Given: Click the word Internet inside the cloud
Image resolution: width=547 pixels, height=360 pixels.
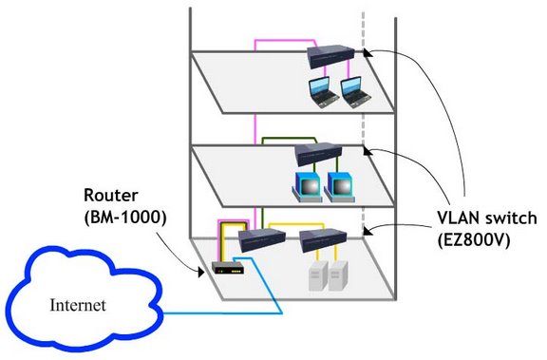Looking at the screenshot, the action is (x=78, y=305).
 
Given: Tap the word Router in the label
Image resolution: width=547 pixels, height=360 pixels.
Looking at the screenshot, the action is (x=111, y=196).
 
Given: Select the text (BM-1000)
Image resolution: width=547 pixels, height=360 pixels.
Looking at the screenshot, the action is (x=125, y=218).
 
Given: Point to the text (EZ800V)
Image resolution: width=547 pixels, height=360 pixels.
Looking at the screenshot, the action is (x=474, y=240).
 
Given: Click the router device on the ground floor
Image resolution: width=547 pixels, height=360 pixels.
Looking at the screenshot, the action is (x=228, y=268).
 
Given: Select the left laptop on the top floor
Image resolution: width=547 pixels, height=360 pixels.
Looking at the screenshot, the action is (x=324, y=92).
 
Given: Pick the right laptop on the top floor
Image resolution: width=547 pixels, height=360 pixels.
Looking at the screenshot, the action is (x=355, y=92).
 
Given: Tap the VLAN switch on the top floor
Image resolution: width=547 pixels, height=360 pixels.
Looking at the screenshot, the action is (x=330, y=56).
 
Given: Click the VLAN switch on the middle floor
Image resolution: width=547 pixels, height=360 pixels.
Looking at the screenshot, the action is (x=318, y=154).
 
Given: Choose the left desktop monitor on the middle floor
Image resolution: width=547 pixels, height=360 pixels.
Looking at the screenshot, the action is (x=307, y=187).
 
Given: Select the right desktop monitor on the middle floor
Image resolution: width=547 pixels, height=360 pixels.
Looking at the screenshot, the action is (x=339, y=187).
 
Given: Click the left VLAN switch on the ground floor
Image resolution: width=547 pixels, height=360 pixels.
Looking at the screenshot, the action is (x=262, y=240).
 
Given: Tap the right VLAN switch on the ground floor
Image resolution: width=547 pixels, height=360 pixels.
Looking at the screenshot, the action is (x=323, y=240).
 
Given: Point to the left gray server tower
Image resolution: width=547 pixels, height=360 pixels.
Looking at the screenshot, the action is (x=318, y=275).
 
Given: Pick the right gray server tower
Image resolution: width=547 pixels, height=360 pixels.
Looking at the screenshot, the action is (x=338, y=275).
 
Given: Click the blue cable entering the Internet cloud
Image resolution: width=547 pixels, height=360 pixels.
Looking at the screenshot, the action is (x=223, y=313).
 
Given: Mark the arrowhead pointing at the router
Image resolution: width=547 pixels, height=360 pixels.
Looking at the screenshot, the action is (x=201, y=272).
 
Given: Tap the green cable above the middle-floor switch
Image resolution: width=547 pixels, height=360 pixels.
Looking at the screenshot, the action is (x=289, y=138).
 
